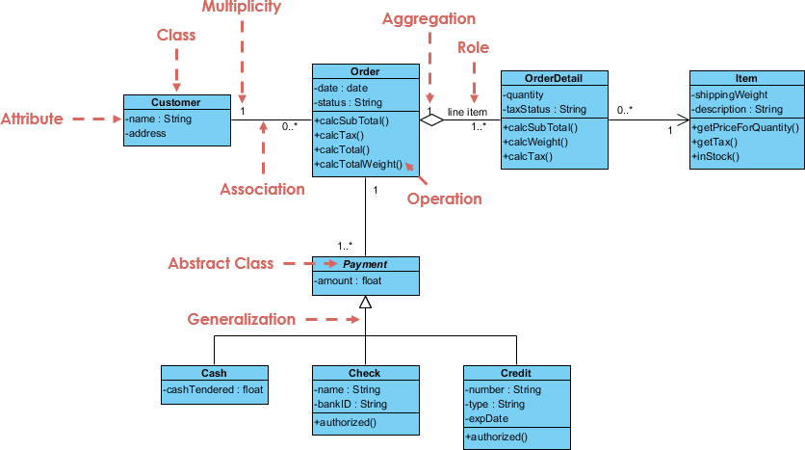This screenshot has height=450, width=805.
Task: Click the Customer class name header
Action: [x=176, y=102]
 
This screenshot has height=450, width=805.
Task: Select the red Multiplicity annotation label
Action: [x=241, y=8]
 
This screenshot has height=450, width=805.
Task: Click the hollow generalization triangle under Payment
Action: [x=365, y=303]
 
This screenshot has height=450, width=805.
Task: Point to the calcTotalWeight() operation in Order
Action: [x=358, y=165]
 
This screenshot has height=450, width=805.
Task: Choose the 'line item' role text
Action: [x=467, y=113]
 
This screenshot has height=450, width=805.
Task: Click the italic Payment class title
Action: [x=365, y=264]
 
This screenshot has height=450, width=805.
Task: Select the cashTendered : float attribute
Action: [x=214, y=389]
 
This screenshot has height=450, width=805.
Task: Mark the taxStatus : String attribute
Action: [x=545, y=110]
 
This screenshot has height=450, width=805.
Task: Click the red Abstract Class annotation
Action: [x=221, y=263]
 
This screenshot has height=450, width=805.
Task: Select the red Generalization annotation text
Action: [x=241, y=319]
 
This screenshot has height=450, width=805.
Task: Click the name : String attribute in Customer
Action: [x=159, y=119]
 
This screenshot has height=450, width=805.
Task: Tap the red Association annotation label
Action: [x=262, y=189]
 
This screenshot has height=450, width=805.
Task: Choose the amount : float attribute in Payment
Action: [x=348, y=281]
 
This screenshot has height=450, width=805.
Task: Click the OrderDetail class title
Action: [x=554, y=78]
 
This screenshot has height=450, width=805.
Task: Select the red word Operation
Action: [x=444, y=199]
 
